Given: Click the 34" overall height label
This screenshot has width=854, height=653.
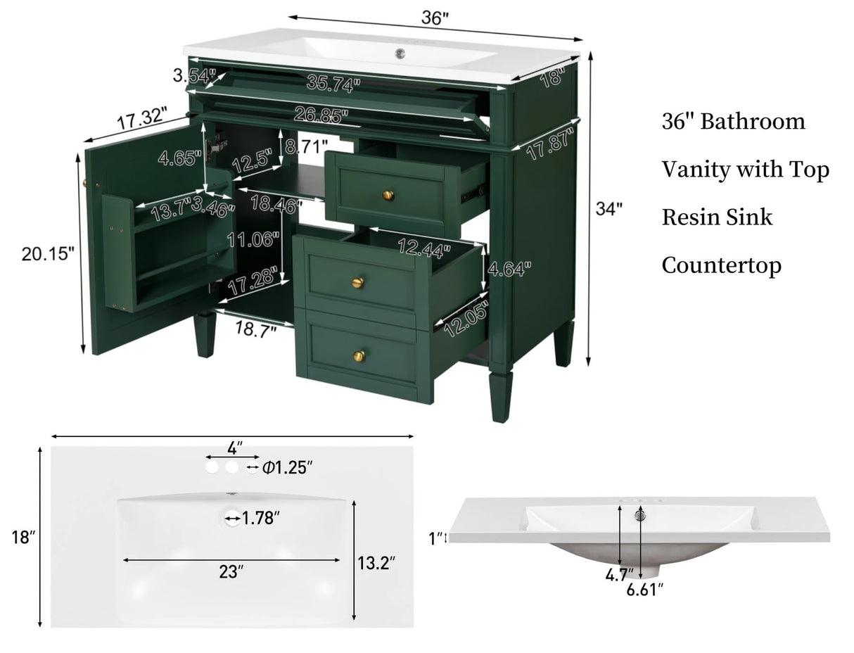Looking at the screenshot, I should [x=608, y=209].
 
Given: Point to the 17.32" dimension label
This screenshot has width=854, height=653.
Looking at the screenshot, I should [x=142, y=117].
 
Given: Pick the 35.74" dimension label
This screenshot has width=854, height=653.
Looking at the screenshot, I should [x=333, y=83].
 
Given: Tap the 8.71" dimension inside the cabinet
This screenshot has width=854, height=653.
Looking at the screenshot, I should [x=306, y=147].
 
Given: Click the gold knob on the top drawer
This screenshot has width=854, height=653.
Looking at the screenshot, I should [x=388, y=195].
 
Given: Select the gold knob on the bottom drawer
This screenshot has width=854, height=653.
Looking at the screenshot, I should [x=359, y=356].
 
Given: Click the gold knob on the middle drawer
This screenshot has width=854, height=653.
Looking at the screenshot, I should [x=357, y=283].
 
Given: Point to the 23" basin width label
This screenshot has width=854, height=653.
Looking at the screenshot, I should [x=231, y=572].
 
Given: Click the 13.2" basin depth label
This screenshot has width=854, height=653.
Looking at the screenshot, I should [x=376, y=562].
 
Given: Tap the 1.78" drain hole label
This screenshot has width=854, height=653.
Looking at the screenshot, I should [x=261, y=519].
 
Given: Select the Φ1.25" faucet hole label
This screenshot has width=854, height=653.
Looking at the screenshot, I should [x=286, y=467].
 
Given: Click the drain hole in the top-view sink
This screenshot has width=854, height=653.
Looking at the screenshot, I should [x=233, y=519].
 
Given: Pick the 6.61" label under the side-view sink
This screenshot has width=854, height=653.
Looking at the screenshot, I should [x=645, y=590].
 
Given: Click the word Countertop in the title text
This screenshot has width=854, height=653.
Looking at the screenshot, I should [x=721, y=265].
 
